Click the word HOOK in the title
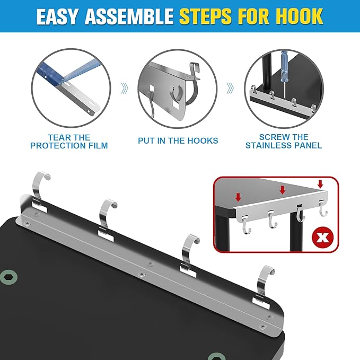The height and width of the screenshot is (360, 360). pyautogui.click(x=300, y=16)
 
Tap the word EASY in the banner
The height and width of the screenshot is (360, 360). pyautogui.click(x=57, y=16)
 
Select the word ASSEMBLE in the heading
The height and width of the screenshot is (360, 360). pyautogui.click(x=129, y=16)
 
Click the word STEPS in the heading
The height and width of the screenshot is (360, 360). pyautogui.click(x=205, y=16)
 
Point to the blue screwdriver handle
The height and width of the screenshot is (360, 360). pyautogui.click(x=284, y=65)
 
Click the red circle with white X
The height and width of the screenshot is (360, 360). pyautogui.click(x=323, y=238)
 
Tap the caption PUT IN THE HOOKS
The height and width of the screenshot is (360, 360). pyautogui.click(x=178, y=141)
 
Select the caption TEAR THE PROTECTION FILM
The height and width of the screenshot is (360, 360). pyautogui.click(x=69, y=142)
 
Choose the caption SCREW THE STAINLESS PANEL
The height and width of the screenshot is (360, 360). pyautogui.click(x=284, y=141)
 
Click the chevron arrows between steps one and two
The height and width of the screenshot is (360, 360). pyautogui.click(x=125, y=88)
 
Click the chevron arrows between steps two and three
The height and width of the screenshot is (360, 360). pyautogui.click(x=230, y=88)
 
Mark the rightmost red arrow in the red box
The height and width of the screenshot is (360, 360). pyautogui.click(x=320, y=184)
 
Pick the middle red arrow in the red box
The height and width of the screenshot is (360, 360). pyautogui.click(x=283, y=190)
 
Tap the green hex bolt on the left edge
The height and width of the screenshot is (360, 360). pyautogui.click(x=8, y=277)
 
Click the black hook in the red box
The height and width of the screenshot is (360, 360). pyautogui.click(x=300, y=214)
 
